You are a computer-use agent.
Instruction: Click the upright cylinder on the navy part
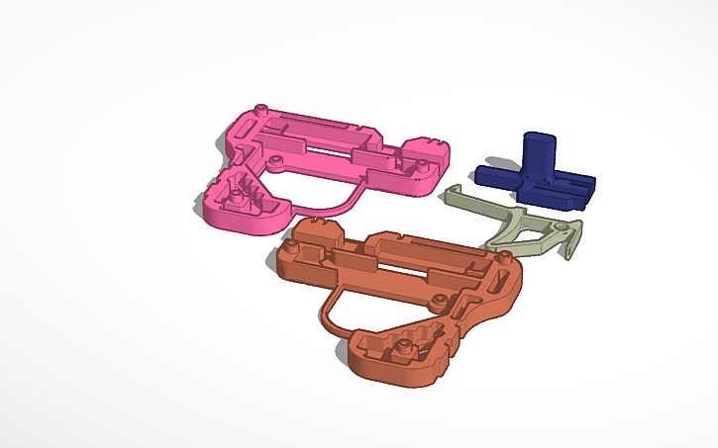539,153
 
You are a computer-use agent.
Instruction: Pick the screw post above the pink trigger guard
278,159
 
